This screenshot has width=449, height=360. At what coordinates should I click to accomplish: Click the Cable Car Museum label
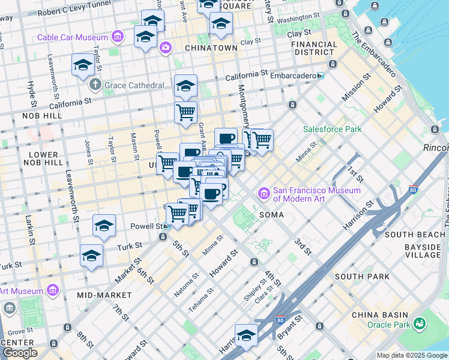72,37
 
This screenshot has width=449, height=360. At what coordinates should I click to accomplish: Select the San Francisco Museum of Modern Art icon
264,194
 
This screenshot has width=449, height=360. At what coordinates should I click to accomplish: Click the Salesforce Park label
332,128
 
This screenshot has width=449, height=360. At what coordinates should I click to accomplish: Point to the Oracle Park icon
420,325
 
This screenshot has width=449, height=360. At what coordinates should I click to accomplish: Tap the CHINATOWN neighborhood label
211,47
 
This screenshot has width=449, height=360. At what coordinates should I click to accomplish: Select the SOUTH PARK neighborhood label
362,277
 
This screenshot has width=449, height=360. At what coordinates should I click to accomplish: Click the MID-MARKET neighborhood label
104,295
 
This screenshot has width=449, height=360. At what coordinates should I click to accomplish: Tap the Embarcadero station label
291,76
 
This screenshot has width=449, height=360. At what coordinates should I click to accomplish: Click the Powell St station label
146,226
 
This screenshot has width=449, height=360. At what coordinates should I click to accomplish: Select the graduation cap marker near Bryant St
246,336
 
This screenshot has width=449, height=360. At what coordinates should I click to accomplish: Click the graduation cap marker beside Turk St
91,257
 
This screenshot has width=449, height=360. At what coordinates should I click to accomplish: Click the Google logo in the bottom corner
20,353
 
